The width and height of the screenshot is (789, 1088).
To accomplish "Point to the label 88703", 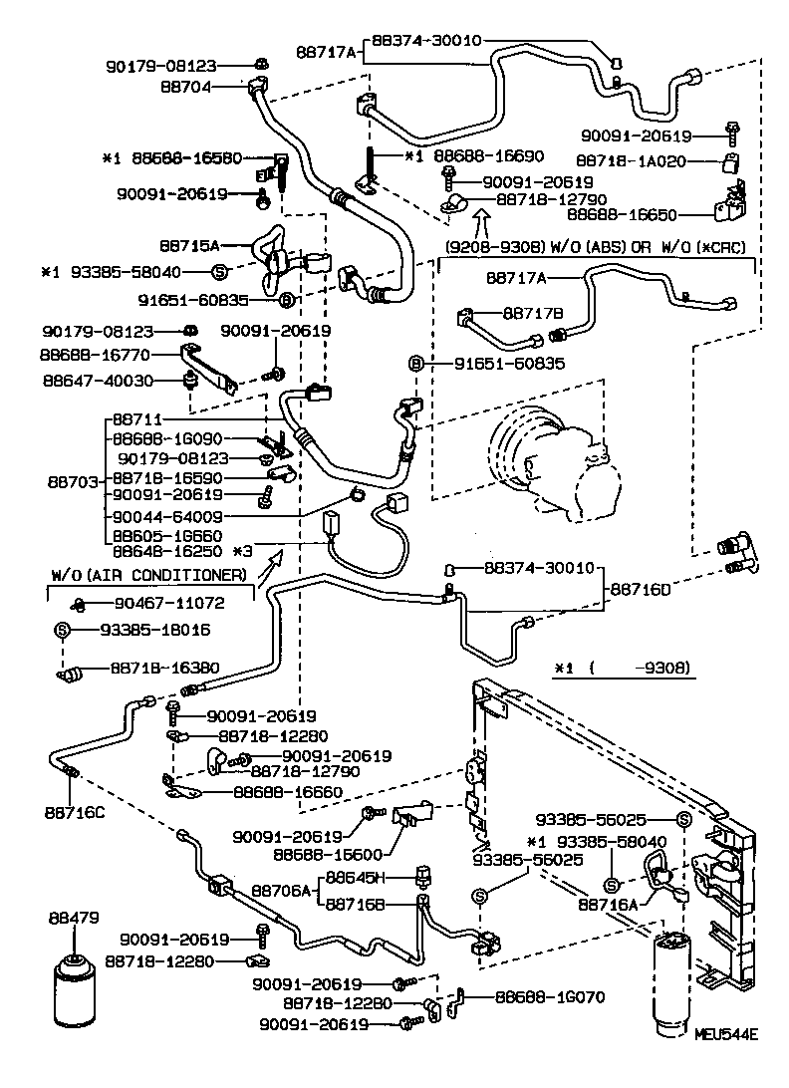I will (x=74, y=480).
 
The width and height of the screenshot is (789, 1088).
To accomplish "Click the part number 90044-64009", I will (x=167, y=517).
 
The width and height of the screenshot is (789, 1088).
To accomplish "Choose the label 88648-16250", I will (x=167, y=550).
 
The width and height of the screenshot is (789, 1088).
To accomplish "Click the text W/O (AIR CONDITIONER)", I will (x=149, y=575).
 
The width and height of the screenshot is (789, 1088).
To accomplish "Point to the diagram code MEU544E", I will (x=726, y=1035).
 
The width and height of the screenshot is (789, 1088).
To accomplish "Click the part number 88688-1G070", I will (x=549, y=995).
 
